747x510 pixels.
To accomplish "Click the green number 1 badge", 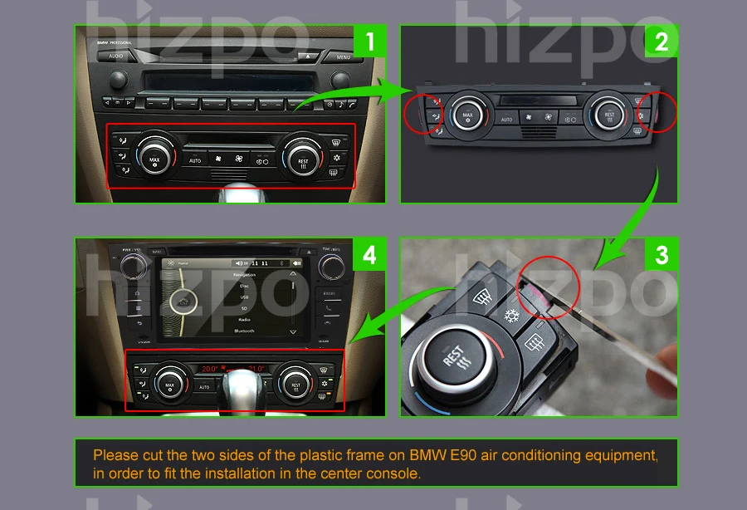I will pos(370,42).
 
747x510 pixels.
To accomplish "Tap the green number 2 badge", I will pos(661,42).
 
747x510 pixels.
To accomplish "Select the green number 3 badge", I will pos(661,254).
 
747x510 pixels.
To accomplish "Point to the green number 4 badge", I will pos(370,254).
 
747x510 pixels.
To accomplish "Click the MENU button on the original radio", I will pos(344,57).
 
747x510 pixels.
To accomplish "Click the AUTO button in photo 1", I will pos(195,160).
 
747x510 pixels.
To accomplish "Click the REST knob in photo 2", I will pos(609,114).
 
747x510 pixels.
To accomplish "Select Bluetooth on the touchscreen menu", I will pos(244,331).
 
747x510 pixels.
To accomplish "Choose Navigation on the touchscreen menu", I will pos(244,275).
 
